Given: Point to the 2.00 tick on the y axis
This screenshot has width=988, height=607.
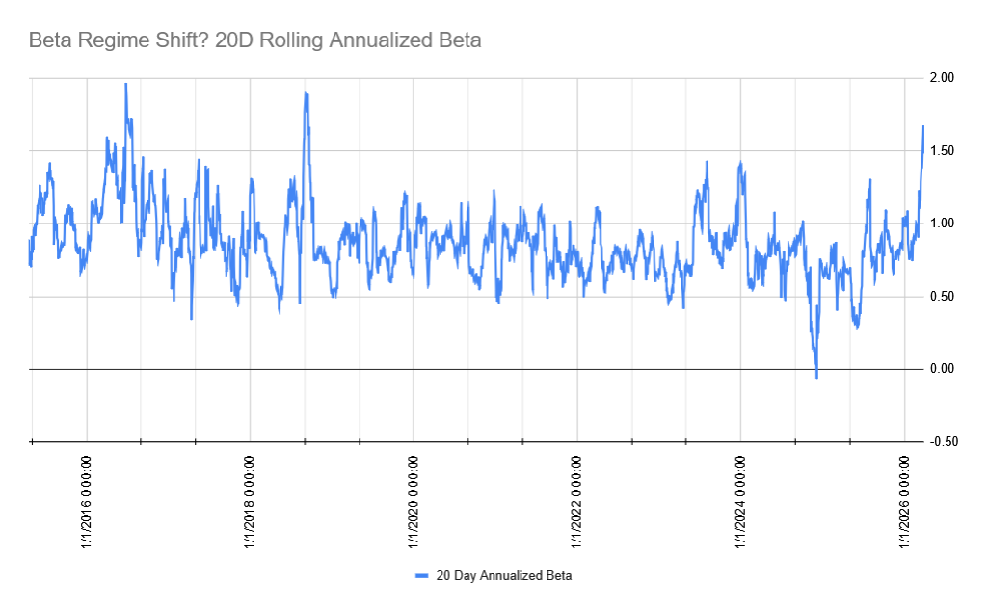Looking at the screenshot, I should (x=943, y=77).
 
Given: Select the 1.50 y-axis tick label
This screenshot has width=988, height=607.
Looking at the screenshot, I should (x=943, y=150).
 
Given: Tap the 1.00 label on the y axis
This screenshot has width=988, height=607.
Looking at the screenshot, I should (x=943, y=224).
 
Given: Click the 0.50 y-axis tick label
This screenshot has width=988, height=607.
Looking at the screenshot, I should (x=943, y=296).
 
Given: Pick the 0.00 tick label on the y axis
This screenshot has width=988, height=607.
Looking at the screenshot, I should (x=943, y=369).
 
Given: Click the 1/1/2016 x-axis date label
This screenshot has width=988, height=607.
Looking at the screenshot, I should (x=87, y=501).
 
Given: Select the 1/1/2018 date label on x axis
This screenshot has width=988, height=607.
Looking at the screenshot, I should (x=250, y=501).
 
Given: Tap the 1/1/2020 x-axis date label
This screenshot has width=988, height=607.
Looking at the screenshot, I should (x=414, y=501).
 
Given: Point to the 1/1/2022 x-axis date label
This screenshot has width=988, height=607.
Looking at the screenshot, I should (x=576, y=501).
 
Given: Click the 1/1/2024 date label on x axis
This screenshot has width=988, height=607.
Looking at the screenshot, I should (x=740, y=501).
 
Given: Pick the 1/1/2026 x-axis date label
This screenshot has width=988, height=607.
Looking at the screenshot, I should (x=904, y=501).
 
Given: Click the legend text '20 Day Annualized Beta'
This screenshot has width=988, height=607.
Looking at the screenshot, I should (x=504, y=576).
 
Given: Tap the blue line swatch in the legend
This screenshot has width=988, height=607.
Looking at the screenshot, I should (x=421, y=576).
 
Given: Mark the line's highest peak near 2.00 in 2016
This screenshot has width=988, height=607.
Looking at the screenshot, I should (x=126, y=84).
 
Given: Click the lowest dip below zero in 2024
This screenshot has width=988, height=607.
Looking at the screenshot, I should (x=816, y=377).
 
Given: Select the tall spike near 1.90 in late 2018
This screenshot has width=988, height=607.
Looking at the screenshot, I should (x=306, y=93).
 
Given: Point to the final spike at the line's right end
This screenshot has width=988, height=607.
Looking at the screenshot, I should (x=923, y=126).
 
